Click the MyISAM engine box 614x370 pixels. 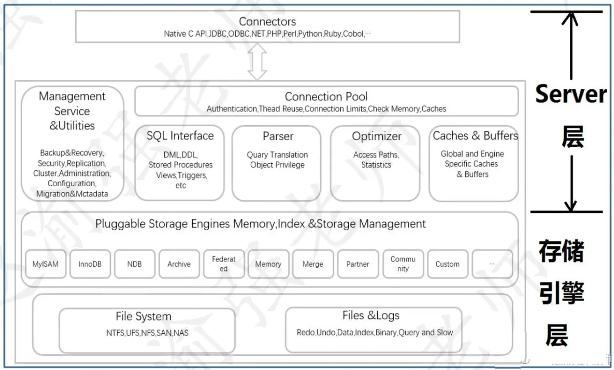[x=45, y=264]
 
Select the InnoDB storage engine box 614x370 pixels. [x=90, y=264]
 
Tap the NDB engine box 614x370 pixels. [x=134, y=264]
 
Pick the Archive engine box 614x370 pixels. [x=179, y=264]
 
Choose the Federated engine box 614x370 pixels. [x=223, y=264]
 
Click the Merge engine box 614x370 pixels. [x=313, y=264]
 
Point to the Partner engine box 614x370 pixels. [x=358, y=264]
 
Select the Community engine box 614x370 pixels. [x=403, y=264]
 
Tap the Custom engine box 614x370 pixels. [x=447, y=264]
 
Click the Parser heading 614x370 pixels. [x=278, y=136]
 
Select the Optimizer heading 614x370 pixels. [x=376, y=136]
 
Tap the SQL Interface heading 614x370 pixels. [x=180, y=136]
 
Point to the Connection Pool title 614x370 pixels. [x=326, y=96]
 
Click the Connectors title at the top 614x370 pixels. [x=267, y=22]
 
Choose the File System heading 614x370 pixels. [x=143, y=317]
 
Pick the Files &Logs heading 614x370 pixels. [x=371, y=316]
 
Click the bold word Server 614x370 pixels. [x=570, y=93]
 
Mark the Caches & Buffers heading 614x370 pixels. [x=475, y=136]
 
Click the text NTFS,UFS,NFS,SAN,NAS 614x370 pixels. [x=147, y=333]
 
